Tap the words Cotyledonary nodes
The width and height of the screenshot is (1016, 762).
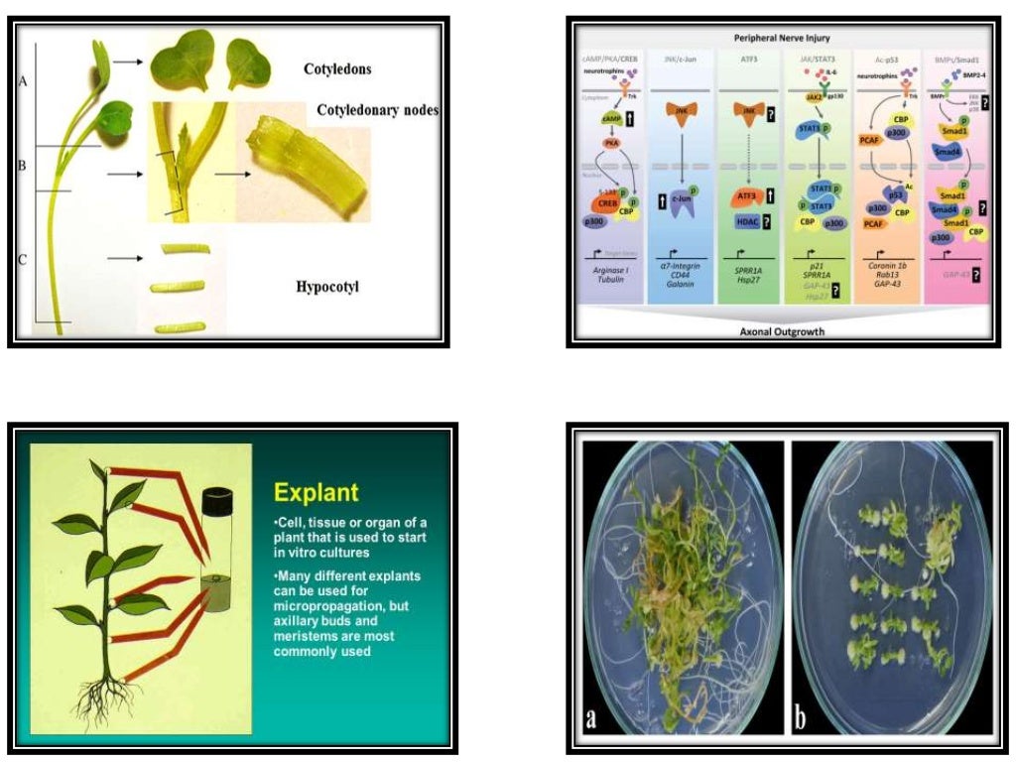[378, 109]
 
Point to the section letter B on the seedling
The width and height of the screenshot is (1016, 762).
[22, 166]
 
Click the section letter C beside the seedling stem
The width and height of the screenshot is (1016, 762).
[22, 261]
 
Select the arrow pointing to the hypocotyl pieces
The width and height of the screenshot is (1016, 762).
[122, 259]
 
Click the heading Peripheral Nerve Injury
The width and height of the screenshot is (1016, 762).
[783, 37]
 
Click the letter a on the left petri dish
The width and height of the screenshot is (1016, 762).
[592, 716]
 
